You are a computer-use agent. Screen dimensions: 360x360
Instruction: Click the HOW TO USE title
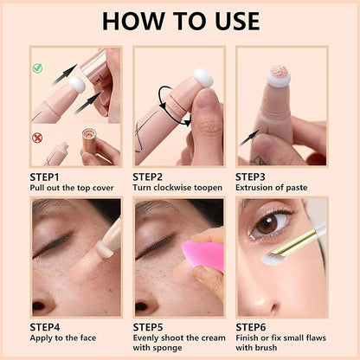(179, 21)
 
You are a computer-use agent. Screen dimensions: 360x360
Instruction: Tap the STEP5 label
(152, 327)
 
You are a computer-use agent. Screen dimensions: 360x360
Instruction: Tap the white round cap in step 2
(203, 80)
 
